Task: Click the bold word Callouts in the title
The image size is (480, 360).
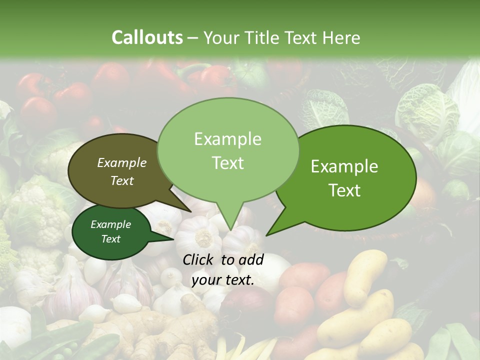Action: point(147,37)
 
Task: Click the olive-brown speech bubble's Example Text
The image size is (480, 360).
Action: point(122,171)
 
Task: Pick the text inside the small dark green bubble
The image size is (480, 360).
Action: point(110,231)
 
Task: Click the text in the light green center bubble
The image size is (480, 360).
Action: point(227,150)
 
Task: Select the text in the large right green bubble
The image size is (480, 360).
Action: point(344,178)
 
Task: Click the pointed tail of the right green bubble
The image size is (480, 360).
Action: point(272,231)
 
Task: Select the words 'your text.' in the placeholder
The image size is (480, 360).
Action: point(223,280)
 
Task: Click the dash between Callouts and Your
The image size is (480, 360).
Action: point(193,38)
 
